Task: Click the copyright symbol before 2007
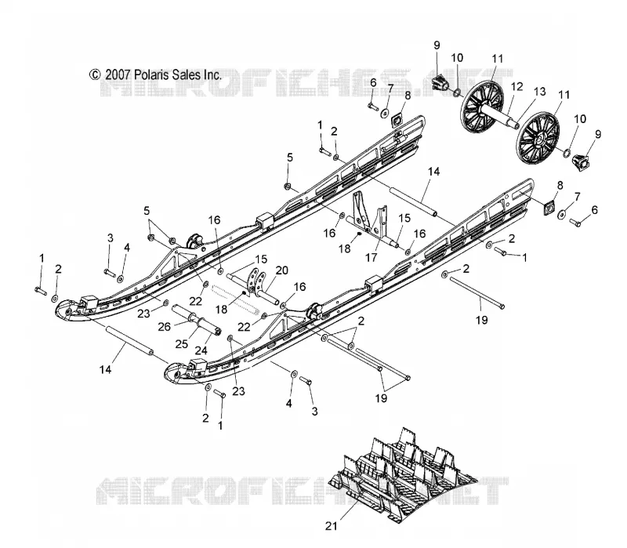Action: (x=95, y=74)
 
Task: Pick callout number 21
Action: (x=331, y=526)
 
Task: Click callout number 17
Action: (x=371, y=258)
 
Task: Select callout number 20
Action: (x=281, y=270)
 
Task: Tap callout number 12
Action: (x=516, y=86)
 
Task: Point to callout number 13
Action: (x=539, y=92)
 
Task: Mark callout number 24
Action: (x=201, y=350)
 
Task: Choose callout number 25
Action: (x=182, y=344)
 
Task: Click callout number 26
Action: (x=164, y=327)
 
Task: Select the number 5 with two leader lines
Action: (x=147, y=210)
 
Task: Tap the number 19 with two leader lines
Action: (x=381, y=398)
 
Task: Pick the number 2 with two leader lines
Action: (x=361, y=321)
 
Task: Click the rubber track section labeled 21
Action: (x=402, y=476)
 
